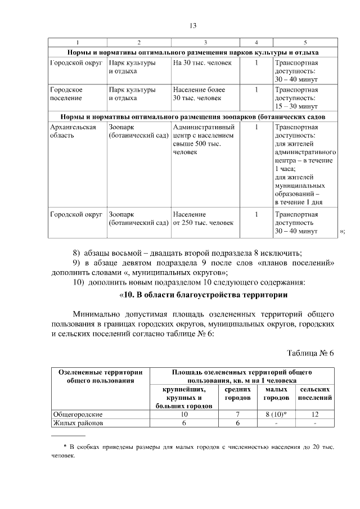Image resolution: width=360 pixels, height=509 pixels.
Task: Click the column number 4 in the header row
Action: point(256,43)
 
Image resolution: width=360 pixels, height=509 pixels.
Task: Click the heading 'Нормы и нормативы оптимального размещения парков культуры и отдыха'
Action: point(192,52)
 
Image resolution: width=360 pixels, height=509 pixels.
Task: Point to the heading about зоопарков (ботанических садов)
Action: point(192,116)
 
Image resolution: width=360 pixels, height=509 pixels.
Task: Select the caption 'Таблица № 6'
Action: point(310,353)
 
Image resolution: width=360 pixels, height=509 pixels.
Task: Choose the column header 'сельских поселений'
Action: point(314,394)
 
